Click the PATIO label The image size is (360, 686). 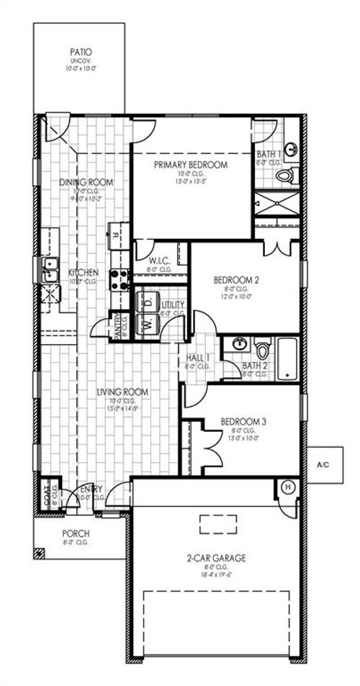81,53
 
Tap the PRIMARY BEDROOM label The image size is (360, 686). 191,165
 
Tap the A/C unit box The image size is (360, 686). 323,465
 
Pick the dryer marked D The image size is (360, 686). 148,302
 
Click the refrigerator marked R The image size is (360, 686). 116,234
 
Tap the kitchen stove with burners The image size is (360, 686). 119,279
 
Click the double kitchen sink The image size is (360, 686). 49,271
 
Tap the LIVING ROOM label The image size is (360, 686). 122,392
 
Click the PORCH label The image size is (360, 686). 76,533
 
